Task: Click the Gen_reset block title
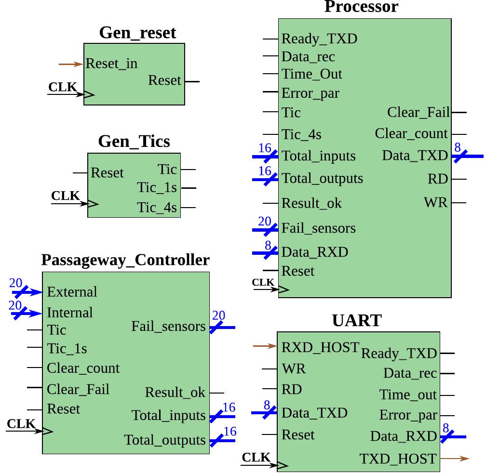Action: coord(137,33)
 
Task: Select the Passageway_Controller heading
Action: coord(125,260)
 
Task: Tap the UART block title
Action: coord(357,320)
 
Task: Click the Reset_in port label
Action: coord(111,64)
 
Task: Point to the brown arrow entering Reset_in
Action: coord(70,64)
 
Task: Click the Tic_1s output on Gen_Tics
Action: coord(157,188)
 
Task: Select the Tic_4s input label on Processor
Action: coord(301,134)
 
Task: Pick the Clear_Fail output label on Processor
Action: coord(418,112)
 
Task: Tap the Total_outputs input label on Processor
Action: coord(322,179)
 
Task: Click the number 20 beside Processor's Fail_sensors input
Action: coord(265,221)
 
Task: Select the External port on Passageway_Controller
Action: coord(72,292)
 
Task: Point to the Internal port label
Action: coord(70,313)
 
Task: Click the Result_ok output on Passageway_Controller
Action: coord(175,393)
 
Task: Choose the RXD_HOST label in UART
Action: coord(320,347)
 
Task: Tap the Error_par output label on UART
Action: coord(408,415)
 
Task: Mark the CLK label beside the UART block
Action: coord(256,457)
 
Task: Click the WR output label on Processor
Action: coord(436,202)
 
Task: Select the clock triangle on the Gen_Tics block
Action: coord(93,204)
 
